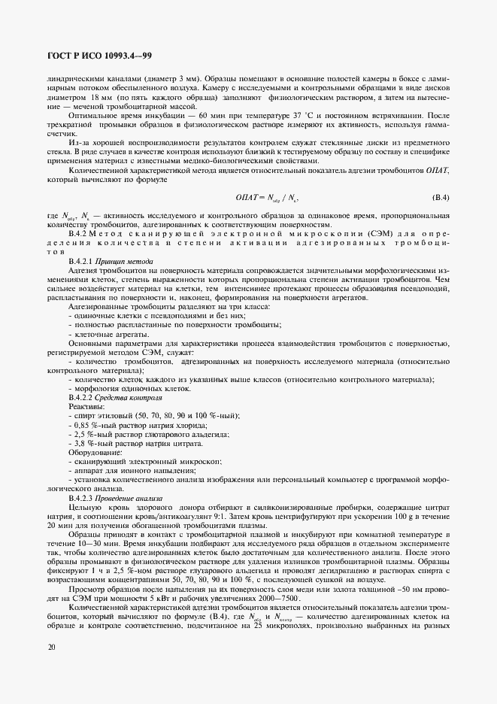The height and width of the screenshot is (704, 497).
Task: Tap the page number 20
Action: (x=50, y=646)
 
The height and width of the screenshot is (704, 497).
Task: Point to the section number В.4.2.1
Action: (x=83, y=260)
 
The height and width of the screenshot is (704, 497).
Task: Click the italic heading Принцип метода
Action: (x=126, y=260)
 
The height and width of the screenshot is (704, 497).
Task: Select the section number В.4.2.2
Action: (x=83, y=396)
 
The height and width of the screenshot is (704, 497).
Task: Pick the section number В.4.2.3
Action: (x=83, y=499)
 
